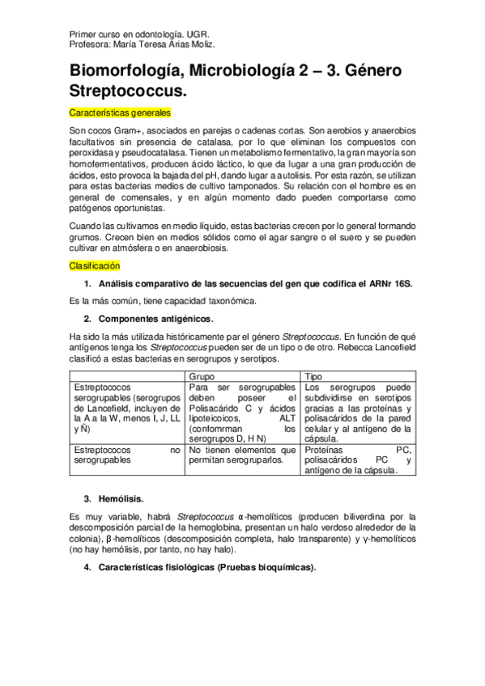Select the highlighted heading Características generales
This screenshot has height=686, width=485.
(120, 112)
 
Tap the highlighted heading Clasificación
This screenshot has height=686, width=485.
(94, 265)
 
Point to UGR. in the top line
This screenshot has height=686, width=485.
(198, 36)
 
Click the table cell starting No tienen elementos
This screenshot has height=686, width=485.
(242, 454)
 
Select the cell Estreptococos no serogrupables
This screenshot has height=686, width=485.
(127, 454)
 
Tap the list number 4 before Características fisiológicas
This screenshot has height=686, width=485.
(87, 568)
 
